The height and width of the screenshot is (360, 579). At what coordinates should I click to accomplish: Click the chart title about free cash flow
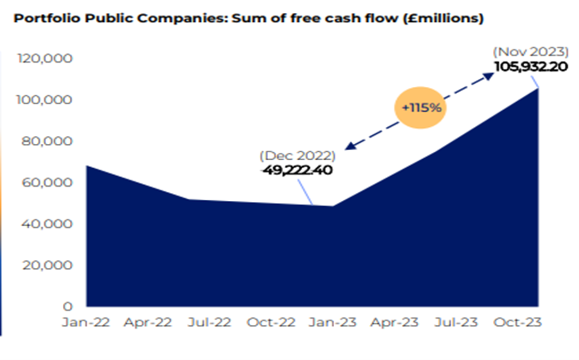[x=248, y=19]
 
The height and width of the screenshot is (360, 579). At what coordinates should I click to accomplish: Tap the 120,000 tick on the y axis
[x=45, y=58]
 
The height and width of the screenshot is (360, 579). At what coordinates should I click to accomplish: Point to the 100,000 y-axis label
[x=45, y=100]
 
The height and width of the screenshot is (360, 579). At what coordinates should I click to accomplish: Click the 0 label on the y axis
[x=68, y=307]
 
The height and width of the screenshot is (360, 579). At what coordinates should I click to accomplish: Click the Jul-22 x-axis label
[x=210, y=323]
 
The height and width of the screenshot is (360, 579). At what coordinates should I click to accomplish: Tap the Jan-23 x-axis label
[x=333, y=323]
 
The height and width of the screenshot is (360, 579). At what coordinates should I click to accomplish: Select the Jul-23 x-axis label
[x=456, y=323]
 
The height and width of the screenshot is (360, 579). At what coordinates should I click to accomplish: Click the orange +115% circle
[x=421, y=108]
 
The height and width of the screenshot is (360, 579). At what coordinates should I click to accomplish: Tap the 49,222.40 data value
[x=296, y=170]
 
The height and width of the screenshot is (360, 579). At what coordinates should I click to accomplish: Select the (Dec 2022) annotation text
[x=297, y=157]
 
